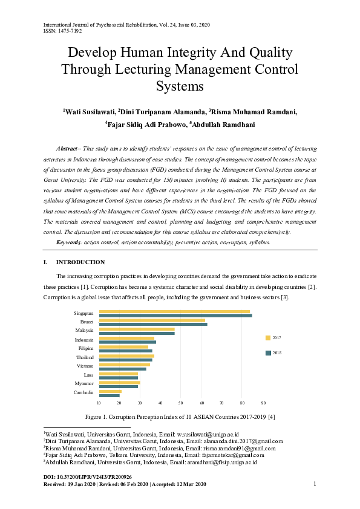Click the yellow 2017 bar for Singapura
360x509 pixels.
(174, 311)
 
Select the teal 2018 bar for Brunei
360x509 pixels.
(153, 324)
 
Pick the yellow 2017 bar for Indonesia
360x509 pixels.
(126, 338)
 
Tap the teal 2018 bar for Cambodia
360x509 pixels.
(110, 395)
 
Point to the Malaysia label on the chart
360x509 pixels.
(84, 331)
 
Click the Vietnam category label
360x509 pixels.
(85, 366)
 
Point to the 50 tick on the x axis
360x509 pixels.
(181, 403)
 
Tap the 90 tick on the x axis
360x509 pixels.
(263, 403)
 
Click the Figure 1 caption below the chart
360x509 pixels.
(180, 417)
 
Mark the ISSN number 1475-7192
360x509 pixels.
(70, 31)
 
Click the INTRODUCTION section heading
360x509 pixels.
(80, 262)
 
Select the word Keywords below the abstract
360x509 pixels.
(68, 242)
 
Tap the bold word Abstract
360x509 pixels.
(67, 148)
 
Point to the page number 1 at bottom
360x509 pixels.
(315, 484)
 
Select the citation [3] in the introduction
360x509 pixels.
(285, 297)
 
